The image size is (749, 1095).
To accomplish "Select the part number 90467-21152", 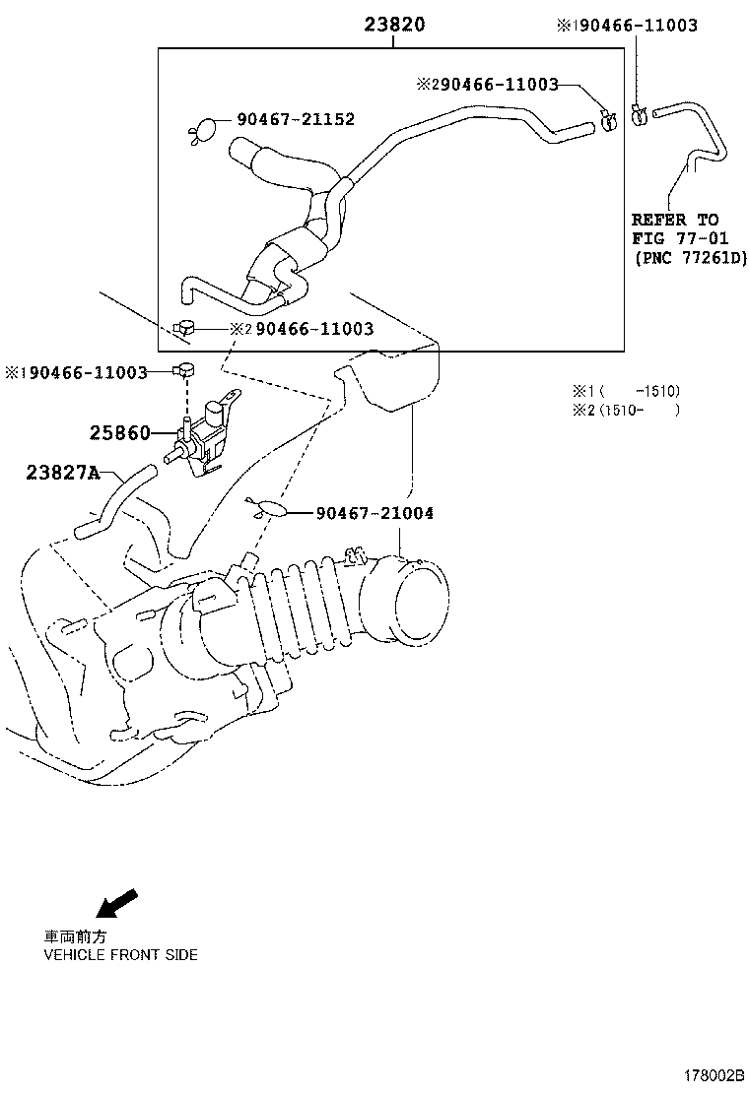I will coord(296,120).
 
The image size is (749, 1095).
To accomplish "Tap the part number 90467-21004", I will coord(374,513).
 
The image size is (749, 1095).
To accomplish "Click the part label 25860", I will coord(120,433).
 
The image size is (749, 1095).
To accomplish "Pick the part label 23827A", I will coord(63,473).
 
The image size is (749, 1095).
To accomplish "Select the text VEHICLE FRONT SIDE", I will coord(120,955).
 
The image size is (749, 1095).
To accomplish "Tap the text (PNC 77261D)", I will coord(690,258).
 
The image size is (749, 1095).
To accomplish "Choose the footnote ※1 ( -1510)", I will coord(627,391).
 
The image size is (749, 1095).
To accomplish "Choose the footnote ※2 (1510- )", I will coord(627,410).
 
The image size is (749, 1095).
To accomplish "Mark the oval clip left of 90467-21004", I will coord(270,509).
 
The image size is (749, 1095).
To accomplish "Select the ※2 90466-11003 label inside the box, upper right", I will coord(489,86).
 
